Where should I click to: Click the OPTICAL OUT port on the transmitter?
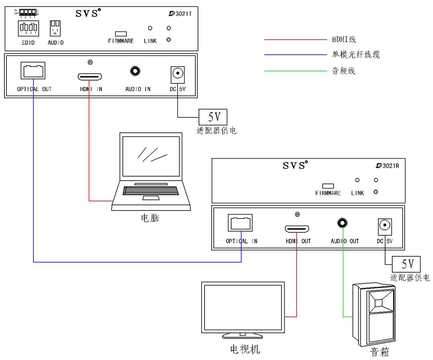click(34, 71)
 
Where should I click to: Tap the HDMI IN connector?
click(90, 76)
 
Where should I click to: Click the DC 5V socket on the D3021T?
click(177, 73)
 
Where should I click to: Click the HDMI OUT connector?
click(297, 229)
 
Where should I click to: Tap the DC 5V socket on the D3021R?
click(385, 225)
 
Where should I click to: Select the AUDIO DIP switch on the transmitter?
click(55, 28)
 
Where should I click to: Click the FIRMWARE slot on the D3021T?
click(120, 34)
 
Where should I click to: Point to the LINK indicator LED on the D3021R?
click(357, 181)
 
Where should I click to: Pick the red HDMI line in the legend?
click(295, 39)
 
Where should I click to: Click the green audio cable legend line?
click(295, 71)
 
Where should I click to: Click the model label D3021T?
click(181, 14)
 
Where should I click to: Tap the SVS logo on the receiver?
click(295, 165)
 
